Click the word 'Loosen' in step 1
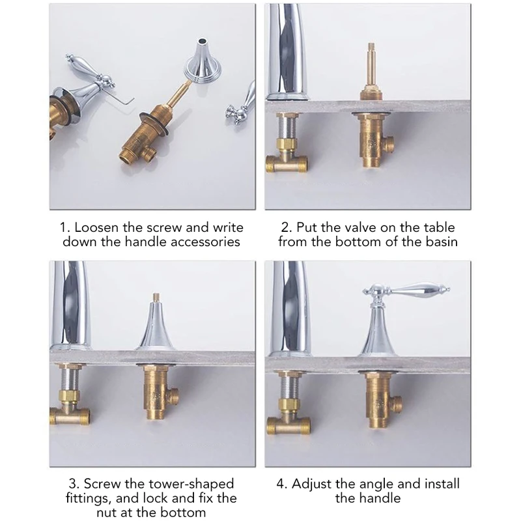pos(96,227)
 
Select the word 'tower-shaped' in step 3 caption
pos(191,484)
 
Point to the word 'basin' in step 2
pos(442,242)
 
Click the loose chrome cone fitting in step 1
pos(199,59)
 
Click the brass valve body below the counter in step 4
pos(382,399)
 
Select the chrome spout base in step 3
pos(70,347)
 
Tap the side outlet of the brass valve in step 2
pos(389,142)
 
